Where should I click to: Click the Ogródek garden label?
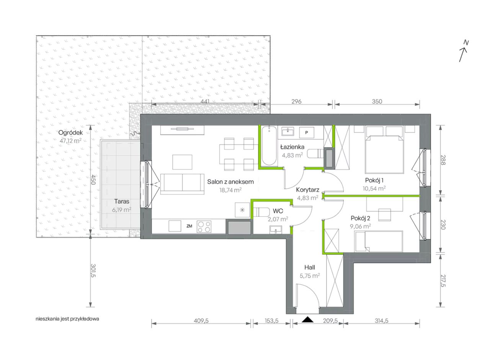coord(70,133)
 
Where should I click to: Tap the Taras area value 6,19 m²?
coord(122,209)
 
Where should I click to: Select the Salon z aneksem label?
coord(230,182)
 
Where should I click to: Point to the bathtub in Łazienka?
coord(269,146)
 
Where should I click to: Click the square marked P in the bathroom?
coord(307,133)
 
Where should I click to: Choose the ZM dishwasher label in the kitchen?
coord(189,226)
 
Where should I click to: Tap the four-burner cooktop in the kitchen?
coord(204,226)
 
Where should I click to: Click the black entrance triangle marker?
coord(307,319)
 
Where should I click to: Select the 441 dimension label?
coord(205,101)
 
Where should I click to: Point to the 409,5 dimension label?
coord(201,321)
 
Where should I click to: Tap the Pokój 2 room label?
coord(360,218)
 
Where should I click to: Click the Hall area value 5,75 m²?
coord(310,275)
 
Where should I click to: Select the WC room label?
coord(278,211)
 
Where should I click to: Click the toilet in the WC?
coord(261,212)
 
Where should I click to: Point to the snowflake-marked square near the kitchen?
coord(242,210)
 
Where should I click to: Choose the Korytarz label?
coord(307,190)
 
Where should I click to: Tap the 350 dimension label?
coord(377,101)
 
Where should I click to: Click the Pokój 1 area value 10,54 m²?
coord(374,188)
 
